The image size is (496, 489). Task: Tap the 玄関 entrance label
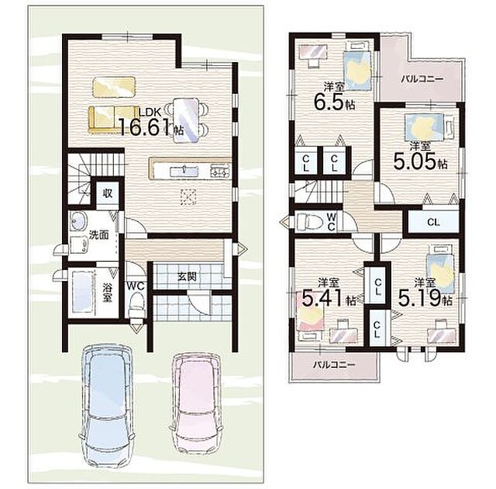[x=187, y=277]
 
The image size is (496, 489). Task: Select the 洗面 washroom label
[x=98, y=235]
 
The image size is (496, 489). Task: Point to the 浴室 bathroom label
[x=107, y=292]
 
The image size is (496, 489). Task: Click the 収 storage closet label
[x=108, y=192]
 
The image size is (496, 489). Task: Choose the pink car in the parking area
[x=195, y=404]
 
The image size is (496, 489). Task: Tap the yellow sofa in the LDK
[x=114, y=119]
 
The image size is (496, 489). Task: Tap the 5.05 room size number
[x=415, y=161]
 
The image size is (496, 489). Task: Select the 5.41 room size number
[x=322, y=298]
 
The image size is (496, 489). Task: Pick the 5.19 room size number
[x=419, y=298]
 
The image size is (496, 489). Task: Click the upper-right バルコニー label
[x=422, y=78]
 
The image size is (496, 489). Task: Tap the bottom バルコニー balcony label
[x=334, y=365]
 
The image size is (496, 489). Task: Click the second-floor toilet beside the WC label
[x=309, y=220]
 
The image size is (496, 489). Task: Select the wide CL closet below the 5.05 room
[x=433, y=222]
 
